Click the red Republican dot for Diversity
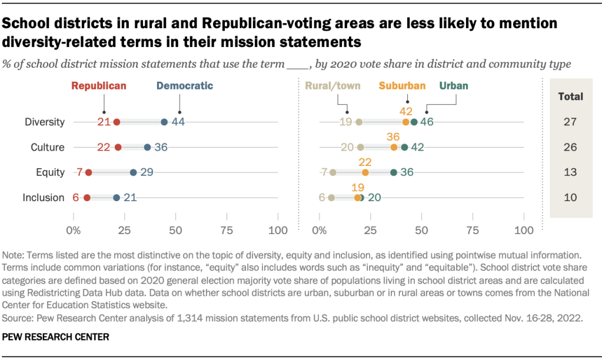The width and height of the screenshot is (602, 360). tap(117, 122)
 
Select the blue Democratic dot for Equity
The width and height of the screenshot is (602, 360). tap(134, 172)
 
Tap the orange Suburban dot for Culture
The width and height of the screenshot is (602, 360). tap(394, 147)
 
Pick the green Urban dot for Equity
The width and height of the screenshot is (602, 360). tap(394, 172)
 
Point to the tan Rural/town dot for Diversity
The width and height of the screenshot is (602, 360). tap(359, 122)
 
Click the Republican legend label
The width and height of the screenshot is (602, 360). tap(99, 86)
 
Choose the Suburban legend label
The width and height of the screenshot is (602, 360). tap(402, 86)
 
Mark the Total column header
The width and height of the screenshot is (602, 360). tap(570, 96)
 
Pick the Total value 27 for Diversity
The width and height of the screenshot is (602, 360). tap(570, 122)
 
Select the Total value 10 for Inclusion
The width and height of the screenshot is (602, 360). tap(570, 197)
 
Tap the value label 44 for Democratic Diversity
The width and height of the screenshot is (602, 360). tap(179, 122)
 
